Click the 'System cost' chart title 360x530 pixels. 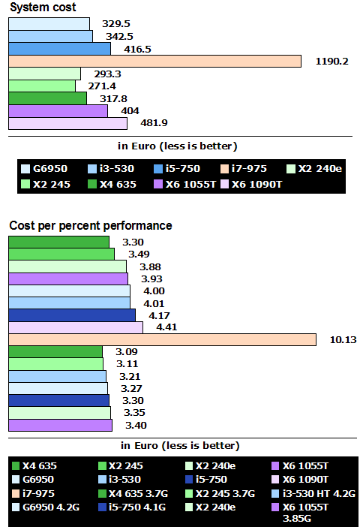tap(43, 7)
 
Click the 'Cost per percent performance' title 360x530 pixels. tap(91, 225)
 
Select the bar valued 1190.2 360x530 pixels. tap(154, 61)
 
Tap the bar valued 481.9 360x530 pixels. tap(67, 123)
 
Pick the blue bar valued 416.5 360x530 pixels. tap(59, 49)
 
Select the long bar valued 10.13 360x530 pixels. tap(162, 339)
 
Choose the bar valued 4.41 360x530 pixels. tap(75, 327)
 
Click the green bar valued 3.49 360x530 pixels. tap(61, 254)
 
